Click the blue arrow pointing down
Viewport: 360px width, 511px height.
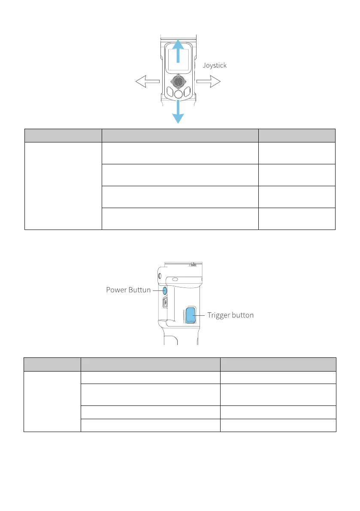[178, 112]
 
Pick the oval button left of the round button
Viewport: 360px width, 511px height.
[169, 92]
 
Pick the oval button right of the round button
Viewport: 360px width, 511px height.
[187, 92]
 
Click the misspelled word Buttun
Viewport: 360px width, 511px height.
[140, 290]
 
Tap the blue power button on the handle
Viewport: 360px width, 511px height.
[165, 290]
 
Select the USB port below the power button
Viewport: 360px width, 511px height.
[166, 303]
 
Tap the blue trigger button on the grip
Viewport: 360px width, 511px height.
[191, 315]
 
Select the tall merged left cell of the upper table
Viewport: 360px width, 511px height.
[63, 186]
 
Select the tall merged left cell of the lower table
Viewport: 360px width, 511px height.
[52, 402]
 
